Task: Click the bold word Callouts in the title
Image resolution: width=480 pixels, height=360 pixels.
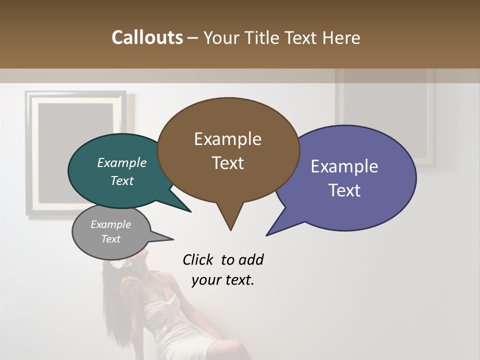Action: [x=147, y=37]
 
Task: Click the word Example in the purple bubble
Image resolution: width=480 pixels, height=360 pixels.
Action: [x=344, y=166]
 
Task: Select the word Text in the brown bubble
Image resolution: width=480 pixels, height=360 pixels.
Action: [x=228, y=163]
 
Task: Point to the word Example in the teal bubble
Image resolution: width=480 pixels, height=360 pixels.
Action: [x=122, y=163]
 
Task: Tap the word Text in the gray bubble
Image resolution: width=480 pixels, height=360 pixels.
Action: [x=111, y=239]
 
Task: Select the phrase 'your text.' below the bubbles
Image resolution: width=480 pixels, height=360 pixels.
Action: [x=223, y=280]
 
